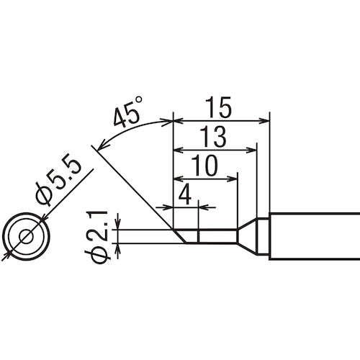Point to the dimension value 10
point(205,166)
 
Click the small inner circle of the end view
point(27,237)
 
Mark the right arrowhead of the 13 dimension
point(252,149)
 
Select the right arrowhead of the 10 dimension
point(233,178)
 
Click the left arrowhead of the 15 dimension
point(179,120)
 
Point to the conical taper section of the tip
point(249,235)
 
